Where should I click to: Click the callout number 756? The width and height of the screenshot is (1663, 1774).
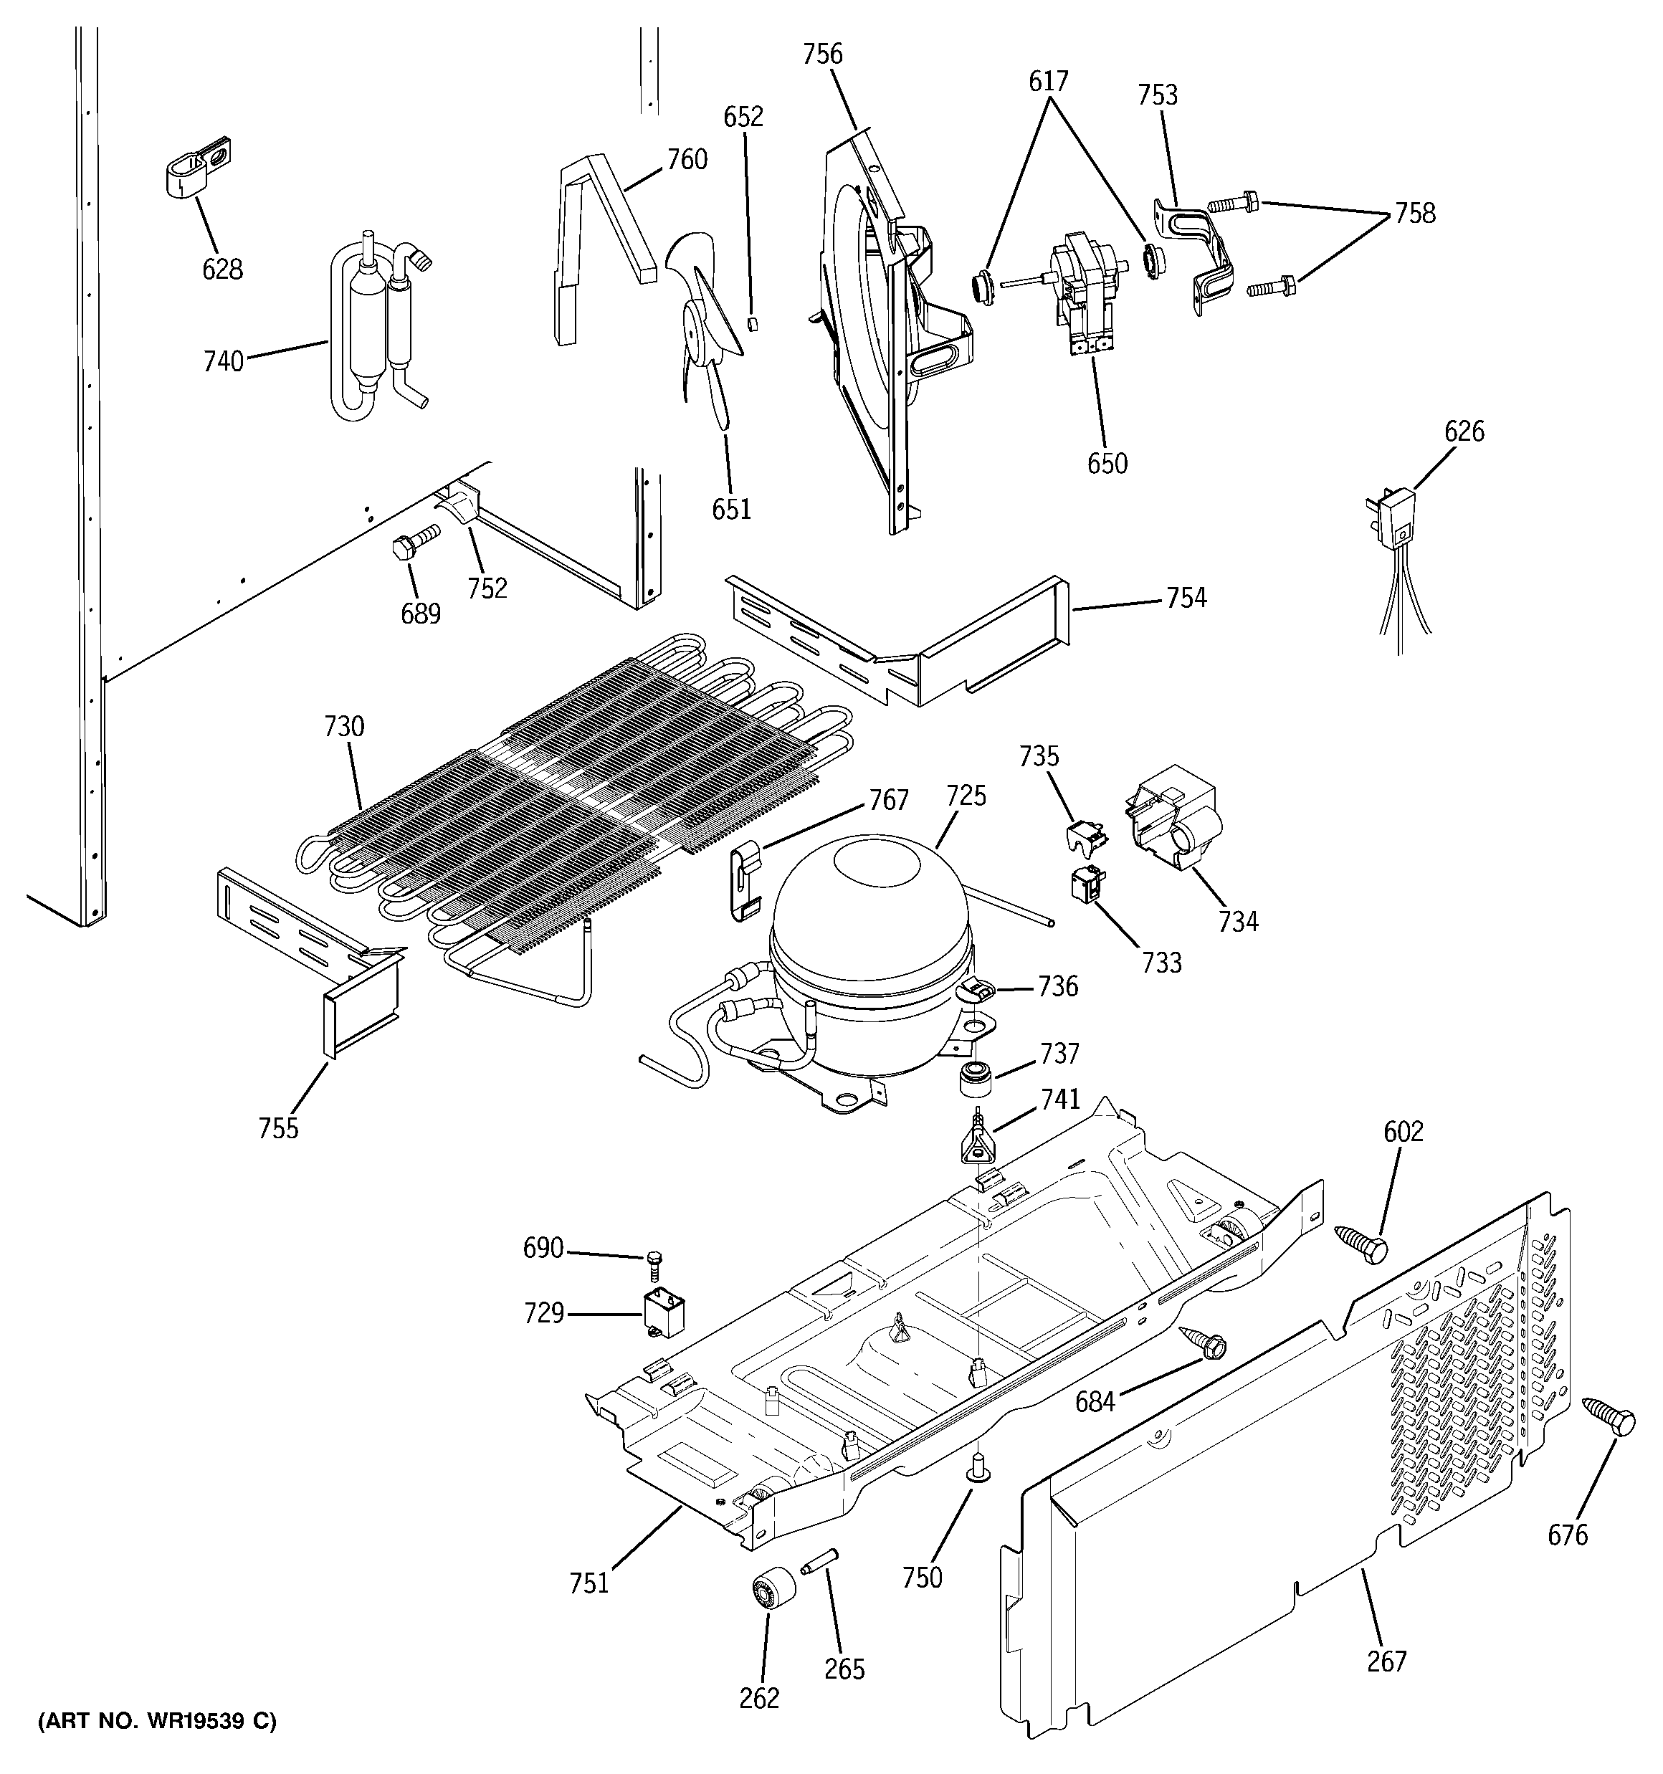click(822, 54)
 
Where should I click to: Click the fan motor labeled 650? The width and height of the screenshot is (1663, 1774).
click(1083, 290)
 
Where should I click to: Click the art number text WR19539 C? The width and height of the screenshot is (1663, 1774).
click(157, 1720)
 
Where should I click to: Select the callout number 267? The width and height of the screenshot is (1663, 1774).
click(1386, 1661)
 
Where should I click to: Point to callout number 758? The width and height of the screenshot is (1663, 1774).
click(1415, 214)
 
